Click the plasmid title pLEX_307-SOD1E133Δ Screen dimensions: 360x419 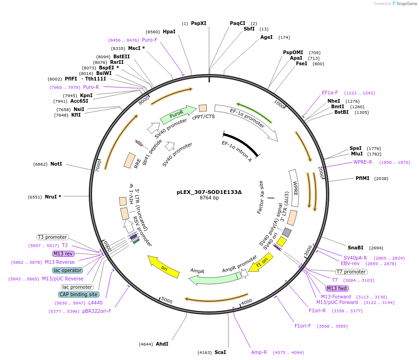(x=209, y=192)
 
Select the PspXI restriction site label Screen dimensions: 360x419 (x=198, y=23)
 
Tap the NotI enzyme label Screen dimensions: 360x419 (x=56, y=164)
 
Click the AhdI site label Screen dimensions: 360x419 (x=162, y=344)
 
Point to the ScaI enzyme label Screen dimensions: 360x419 (x=220, y=352)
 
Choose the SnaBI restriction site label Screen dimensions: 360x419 (x=356, y=248)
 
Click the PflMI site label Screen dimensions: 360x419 (x=363, y=178)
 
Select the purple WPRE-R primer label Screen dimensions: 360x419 (x=363, y=162)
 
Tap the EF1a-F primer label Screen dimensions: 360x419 (x=330, y=93)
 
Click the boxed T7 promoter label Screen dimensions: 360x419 (x=351, y=272)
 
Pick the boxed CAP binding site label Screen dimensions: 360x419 (x=78, y=294)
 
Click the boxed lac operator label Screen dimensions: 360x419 (x=68, y=270)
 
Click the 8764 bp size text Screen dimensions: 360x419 (x=209, y=198)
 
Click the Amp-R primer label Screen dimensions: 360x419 (x=259, y=352)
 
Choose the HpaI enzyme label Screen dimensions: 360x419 (x=169, y=31)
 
